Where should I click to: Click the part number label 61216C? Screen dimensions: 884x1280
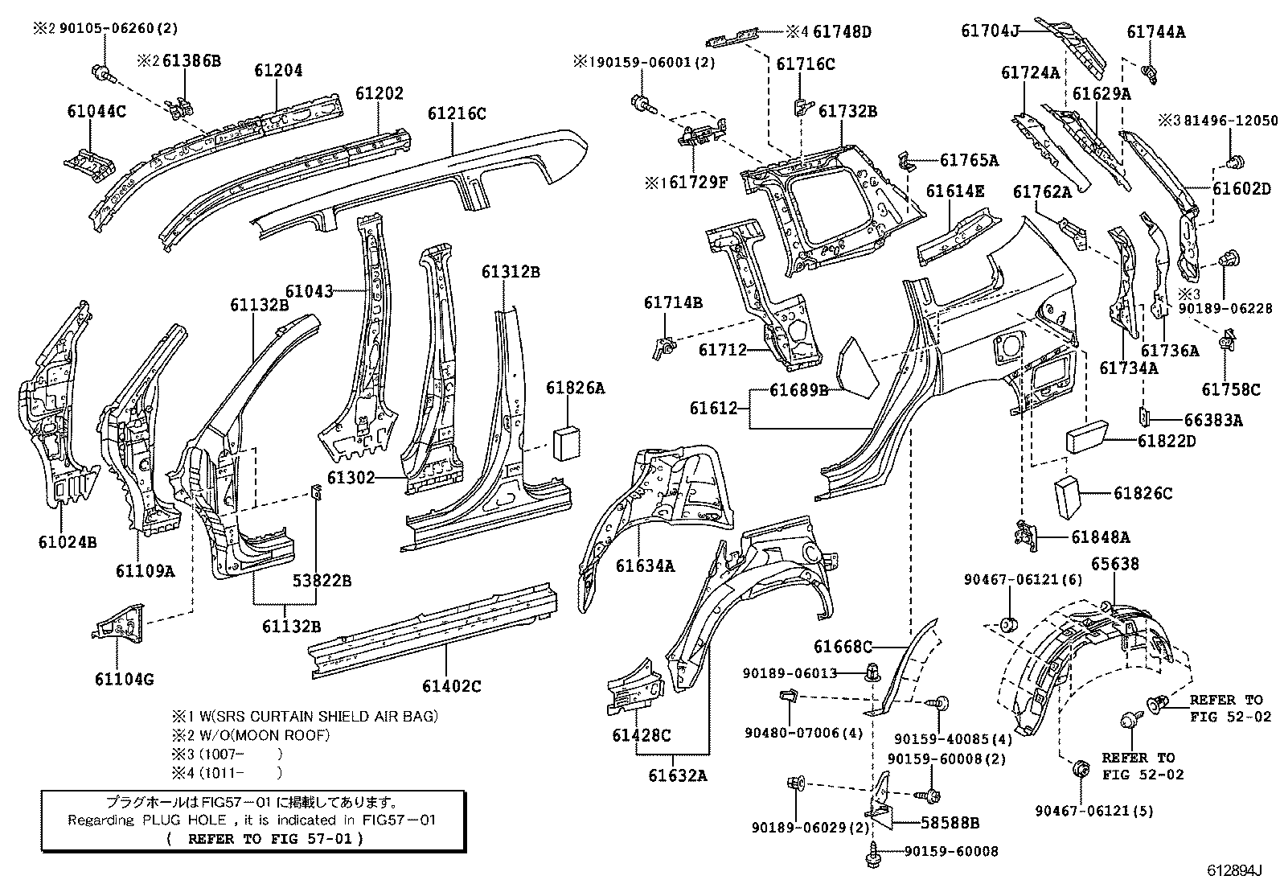(456, 113)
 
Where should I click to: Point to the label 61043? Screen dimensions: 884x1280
(310, 291)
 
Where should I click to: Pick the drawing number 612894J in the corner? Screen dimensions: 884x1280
(1234, 871)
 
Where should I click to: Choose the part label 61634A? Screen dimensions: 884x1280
(645, 565)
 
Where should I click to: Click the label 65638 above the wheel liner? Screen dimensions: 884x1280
(1114, 564)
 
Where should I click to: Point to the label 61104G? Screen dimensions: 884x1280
(124, 679)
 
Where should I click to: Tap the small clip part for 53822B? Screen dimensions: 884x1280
(317, 492)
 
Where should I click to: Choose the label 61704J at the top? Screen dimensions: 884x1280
(990, 31)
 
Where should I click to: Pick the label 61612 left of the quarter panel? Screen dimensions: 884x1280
(712, 409)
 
